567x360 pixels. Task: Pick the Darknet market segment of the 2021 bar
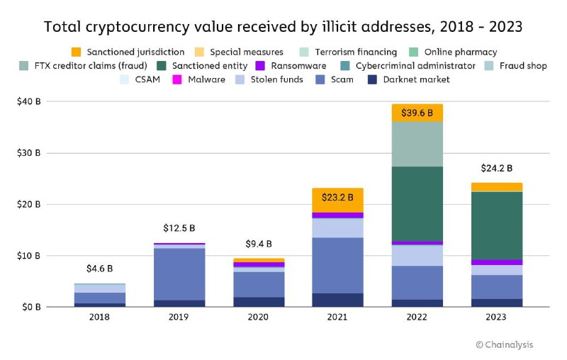coord(337,300)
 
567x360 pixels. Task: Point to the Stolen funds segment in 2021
coord(337,227)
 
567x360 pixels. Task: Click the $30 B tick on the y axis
coord(28,153)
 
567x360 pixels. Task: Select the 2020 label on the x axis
coord(257,317)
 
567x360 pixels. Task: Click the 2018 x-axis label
coord(99,317)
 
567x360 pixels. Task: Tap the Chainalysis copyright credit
coord(504,344)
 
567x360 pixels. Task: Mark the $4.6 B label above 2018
coord(99,269)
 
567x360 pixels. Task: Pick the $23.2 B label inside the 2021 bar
coord(337,198)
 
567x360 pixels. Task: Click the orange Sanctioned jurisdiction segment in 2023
coord(496,187)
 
